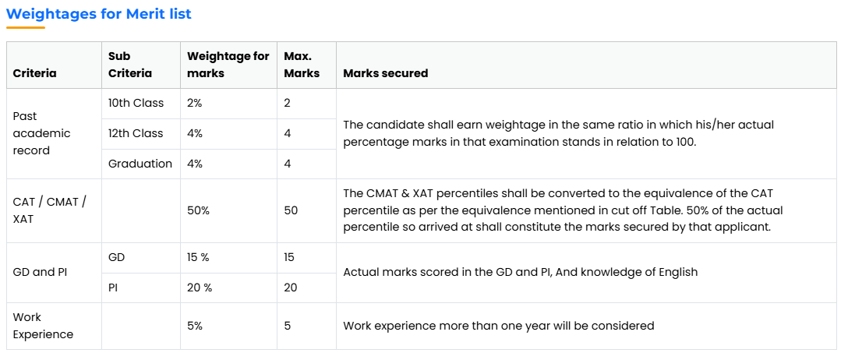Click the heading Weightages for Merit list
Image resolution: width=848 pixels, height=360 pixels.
[99, 13]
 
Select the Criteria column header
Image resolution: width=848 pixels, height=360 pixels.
[34, 73]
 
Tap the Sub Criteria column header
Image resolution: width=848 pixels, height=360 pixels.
[130, 65]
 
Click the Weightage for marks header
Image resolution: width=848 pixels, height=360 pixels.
[228, 65]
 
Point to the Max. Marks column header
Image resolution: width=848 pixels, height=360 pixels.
[302, 65]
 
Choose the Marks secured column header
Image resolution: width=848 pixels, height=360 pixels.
[386, 73]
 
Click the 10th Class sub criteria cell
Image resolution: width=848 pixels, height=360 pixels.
[136, 103]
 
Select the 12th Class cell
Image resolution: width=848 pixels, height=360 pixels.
[136, 133]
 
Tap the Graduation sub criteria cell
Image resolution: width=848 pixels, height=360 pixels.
[140, 163]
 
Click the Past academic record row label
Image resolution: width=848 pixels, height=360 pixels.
[41, 133]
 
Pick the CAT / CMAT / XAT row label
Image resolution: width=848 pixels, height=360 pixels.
[49, 210]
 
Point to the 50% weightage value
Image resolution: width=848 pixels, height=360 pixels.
[198, 210]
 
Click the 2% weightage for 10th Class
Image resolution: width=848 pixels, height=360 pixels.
[194, 103]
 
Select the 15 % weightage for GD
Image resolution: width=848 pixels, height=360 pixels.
[198, 257]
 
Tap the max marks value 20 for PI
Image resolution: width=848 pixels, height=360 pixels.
[291, 288]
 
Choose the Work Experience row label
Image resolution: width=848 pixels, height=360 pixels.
[43, 326]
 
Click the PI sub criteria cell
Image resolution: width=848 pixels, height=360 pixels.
[113, 288]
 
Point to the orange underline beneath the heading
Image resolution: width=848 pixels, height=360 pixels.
[26, 27]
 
